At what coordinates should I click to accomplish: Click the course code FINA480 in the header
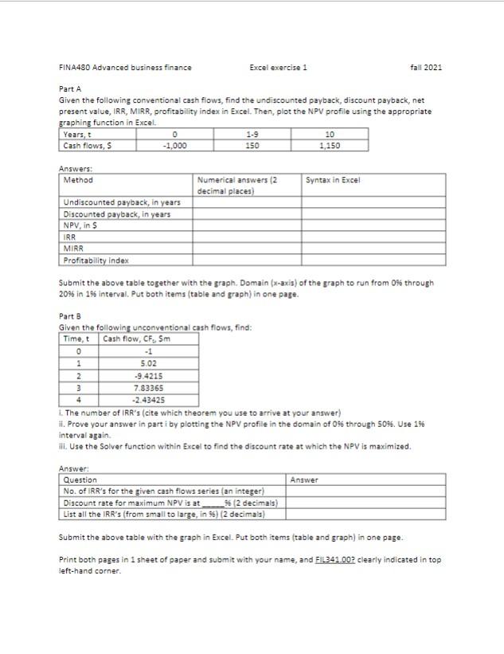pos(75,67)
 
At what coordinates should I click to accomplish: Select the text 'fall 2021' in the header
pos(426,67)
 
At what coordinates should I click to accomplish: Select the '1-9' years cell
pos(252,135)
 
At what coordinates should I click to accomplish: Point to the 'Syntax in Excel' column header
pos(333,180)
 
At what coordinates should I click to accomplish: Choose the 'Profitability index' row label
pos(96,260)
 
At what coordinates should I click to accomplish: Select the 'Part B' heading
pos(71,317)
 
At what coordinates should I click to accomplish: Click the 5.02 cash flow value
pos(148,362)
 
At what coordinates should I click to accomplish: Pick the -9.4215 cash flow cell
pos(148,375)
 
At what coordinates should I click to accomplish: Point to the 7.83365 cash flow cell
pos(148,387)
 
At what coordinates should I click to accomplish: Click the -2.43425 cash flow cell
pos(148,399)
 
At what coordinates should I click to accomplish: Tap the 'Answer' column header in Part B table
pos(304,480)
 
